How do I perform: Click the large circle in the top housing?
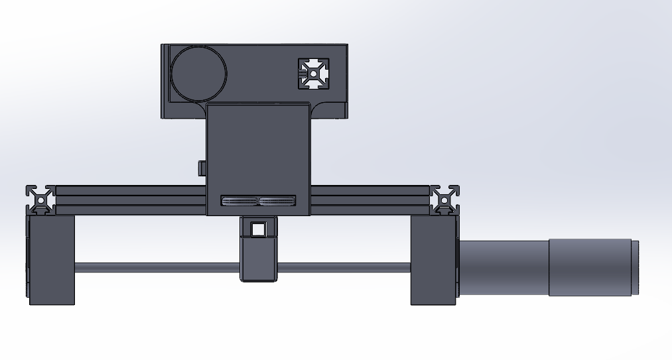pos(198,74)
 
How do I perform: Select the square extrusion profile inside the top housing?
pos(313,74)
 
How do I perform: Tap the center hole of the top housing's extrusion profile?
pos(313,74)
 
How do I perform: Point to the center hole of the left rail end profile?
pos(41,199)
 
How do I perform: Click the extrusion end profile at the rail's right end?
pos(444,199)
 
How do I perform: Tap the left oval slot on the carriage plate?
pos(239,201)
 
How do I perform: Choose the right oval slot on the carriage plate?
pos(277,201)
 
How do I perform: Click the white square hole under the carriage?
pos(258,229)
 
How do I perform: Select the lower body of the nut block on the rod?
pos(258,262)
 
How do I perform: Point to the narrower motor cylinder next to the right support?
pos(503,267)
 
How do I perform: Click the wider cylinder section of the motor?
pos(589,267)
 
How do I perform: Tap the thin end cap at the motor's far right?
pos(635,267)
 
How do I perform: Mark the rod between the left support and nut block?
pos(157,268)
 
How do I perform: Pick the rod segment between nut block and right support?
pos(342,268)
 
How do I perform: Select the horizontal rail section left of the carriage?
pos(130,200)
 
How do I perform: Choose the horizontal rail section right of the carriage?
pos(370,200)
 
